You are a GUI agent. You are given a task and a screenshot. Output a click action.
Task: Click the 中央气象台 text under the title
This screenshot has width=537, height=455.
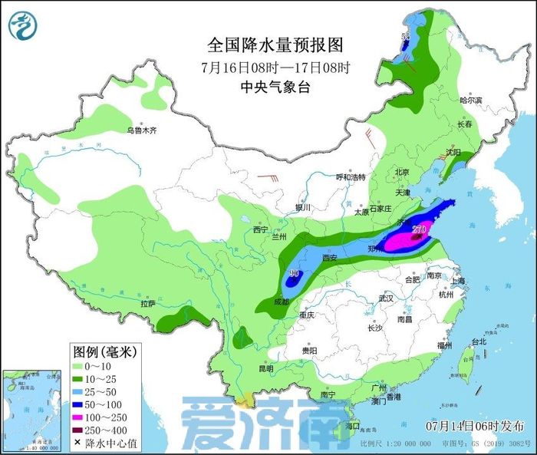point(275,87)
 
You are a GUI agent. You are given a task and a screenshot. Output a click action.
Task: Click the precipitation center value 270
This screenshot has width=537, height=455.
point(419,229)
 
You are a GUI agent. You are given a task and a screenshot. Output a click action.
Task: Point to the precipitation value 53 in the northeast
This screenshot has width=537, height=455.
point(406,36)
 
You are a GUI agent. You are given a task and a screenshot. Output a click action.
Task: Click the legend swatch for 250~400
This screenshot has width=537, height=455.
point(77,429)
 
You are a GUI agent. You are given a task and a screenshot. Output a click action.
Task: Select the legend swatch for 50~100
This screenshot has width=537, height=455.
point(77,403)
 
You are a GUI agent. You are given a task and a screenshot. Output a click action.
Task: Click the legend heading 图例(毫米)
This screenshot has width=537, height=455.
point(104,352)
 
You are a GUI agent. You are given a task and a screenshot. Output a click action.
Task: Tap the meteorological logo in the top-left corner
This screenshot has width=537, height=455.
point(22,26)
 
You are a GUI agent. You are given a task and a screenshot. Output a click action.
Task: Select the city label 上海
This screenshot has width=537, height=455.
point(461,281)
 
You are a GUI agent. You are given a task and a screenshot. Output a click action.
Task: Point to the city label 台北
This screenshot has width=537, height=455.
point(479,341)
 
